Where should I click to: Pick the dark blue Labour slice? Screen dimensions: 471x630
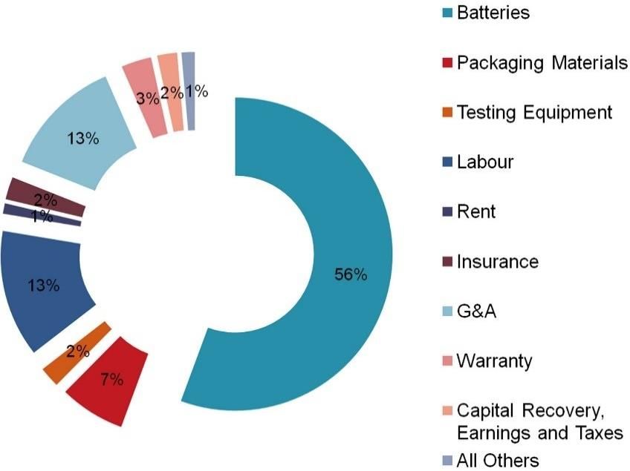coord(45,289)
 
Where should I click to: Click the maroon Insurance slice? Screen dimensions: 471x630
coord(45,196)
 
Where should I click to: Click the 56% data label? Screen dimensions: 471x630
coord(351,274)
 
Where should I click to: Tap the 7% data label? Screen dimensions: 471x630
coord(112,381)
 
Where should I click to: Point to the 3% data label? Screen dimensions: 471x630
coord(145,98)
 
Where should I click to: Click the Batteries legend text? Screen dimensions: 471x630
coord(493,13)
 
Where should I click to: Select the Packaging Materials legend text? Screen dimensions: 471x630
coord(542,63)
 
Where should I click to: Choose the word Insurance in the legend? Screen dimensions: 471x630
coord(497,261)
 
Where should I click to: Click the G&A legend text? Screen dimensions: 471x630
coord(477,311)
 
